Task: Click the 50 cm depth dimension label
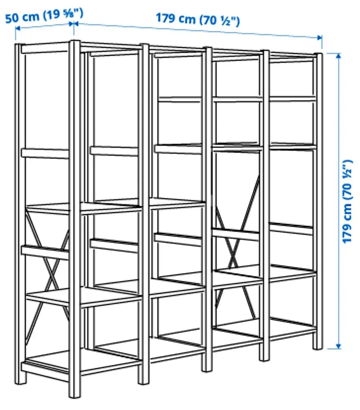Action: pos(44,16)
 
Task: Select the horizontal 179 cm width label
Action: pos(197,19)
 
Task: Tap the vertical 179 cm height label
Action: pos(347,202)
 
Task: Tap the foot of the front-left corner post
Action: pos(74,393)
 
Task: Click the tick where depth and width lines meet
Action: pos(73,24)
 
